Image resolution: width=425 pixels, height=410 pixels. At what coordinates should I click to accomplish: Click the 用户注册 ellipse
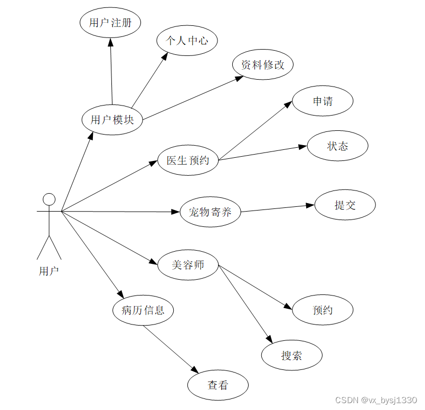click(110, 23)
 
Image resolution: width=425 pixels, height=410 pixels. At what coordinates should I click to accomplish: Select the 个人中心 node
click(187, 40)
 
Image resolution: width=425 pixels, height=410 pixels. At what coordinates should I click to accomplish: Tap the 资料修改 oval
click(262, 65)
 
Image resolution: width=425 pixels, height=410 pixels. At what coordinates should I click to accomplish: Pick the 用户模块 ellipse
click(112, 120)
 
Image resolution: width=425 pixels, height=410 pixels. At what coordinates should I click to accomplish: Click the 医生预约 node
click(188, 160)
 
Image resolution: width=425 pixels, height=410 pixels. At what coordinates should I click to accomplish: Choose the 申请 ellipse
click(323, 101)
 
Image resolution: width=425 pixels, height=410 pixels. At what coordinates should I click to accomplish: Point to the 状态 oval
click(337, 146)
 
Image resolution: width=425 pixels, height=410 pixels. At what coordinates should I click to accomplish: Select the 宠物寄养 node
click(210, 212)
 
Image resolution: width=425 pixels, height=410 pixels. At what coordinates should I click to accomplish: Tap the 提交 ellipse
click(345, 205)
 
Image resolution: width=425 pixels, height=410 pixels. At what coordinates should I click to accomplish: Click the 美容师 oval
click(188, 264)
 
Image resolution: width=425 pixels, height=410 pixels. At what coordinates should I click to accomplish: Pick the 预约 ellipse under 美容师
click(323, 310)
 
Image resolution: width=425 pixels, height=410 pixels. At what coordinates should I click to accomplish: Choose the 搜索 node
click(291, 355)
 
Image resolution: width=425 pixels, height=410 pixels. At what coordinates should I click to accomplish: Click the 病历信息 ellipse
click(143, 310)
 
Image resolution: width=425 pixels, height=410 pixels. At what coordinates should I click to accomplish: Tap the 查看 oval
click(218, 385)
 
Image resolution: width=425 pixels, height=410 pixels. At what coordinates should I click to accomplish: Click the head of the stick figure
click(49, 199)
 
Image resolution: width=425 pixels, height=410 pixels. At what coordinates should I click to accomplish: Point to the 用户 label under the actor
click(49, 271)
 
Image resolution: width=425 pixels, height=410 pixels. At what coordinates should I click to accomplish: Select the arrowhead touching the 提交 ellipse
click(310, 205)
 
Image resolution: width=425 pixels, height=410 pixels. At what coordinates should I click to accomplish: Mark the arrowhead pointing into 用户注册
click(110, 42)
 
